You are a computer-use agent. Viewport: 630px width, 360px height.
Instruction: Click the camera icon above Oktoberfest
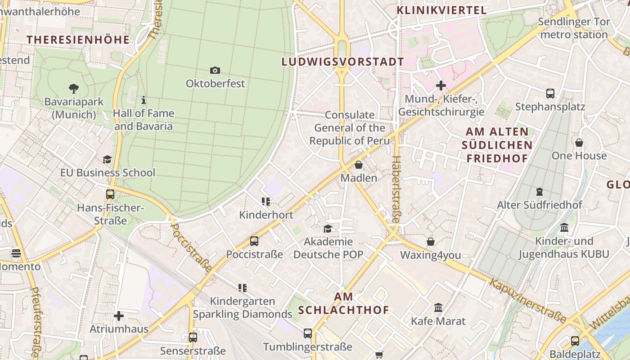pos(215,70)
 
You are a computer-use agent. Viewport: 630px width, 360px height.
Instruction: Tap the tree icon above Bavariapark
pos(74,88)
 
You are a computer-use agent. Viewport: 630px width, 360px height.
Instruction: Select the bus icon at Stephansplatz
pos(550,94)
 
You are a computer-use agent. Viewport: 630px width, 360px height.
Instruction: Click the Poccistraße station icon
pos(254,241)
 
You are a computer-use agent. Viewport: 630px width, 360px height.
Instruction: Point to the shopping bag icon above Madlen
pos(359,165)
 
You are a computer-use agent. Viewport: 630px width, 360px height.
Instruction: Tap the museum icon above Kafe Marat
pos(438,308)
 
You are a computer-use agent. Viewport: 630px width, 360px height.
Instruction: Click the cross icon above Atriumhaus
pos(119,316)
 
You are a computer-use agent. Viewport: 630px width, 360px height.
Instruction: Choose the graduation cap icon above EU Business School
pos(107,159)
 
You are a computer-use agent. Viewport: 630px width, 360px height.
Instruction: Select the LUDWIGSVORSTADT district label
pos(342,62)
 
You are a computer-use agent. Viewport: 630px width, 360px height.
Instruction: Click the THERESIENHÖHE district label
pos(78,40)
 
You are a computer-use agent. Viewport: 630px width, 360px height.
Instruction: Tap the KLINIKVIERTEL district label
pos(441,10)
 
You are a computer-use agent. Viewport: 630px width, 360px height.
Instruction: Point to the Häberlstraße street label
pos(396,189)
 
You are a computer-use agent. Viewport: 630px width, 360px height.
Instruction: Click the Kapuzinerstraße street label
pos(527,301)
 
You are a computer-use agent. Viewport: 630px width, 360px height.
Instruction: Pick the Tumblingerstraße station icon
pos(308,333)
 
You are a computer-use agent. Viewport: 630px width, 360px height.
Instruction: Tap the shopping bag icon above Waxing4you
pos(431,242)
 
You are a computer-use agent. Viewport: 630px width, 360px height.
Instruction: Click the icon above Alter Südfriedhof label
pos(539,192)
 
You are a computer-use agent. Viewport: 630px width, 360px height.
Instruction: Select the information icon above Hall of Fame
pos(144,99)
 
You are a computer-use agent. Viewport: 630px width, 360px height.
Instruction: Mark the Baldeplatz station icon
pos(575,341)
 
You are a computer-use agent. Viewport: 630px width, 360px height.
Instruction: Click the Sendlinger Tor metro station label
pos(574,28)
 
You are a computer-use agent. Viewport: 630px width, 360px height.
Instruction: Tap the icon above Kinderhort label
pos(266,202)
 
